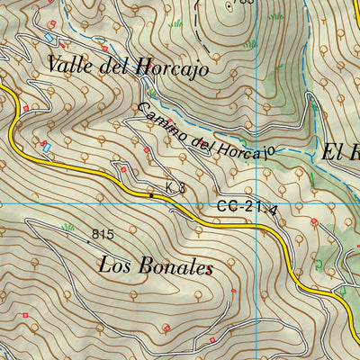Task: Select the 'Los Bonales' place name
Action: coord(157,266)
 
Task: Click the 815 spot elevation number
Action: coord(102,235)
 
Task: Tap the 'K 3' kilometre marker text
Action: coord(175,188)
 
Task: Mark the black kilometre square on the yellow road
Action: coord(151,194)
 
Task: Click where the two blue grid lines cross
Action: coord(259,203)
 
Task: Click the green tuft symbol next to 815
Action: coord(67,228)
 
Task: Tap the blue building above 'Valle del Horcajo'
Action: coord(47,39)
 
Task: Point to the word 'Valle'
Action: coord(69,66)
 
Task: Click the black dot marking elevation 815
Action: coord(89,241)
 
